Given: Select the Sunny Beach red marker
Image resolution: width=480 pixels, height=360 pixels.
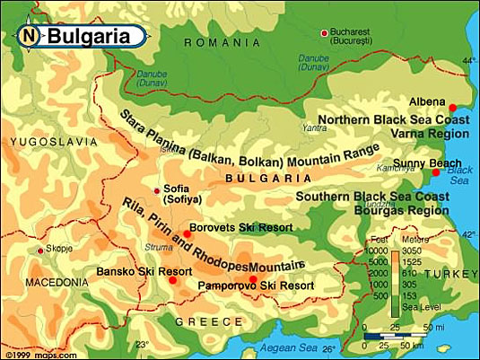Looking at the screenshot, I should click(436, 172).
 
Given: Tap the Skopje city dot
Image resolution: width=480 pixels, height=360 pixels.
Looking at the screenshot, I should click(39, 250).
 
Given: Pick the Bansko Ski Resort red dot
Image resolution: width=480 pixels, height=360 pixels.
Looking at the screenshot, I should click(170, 279).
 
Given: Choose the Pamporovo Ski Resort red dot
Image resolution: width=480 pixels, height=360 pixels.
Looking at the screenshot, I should click(254, 279).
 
